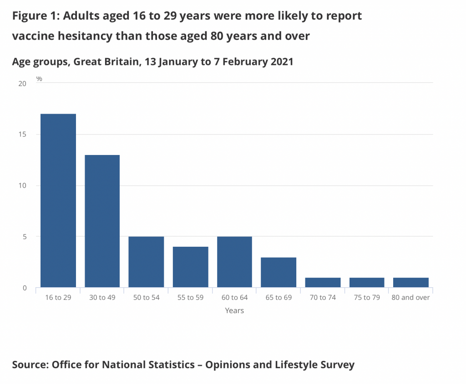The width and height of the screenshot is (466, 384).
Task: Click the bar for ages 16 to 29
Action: click(x=58, y=200)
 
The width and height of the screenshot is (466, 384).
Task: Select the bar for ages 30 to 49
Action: click(x=102, y=221)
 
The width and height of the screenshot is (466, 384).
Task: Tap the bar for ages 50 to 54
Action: click(x=146, y=262)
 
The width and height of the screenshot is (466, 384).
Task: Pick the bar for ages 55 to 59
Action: click(x=190, y=267)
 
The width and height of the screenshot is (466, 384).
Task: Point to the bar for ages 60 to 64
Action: click(x=234, y=262)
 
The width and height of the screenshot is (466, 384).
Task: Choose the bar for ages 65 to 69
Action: click(x=279, y=273)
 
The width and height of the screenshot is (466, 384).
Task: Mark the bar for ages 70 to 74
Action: click(x=323, y=283)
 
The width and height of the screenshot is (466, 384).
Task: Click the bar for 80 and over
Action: click(x=411, y=283)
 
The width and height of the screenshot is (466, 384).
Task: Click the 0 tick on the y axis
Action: click(x=25, y=288)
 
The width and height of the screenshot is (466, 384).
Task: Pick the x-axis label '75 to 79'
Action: click(x=367, y=298)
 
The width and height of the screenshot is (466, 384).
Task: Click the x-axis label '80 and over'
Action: click(x=411, y=298)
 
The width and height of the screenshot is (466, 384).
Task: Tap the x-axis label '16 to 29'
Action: click(x=58, y=298)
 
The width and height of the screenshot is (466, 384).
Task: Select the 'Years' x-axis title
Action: click(x=234, y=311)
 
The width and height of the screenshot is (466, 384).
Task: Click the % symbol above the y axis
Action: click(x=39, y=79)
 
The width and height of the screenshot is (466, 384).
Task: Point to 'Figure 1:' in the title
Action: click(x=35, y=16)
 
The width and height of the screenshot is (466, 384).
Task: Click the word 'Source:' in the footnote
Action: click(x=30, y=364)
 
